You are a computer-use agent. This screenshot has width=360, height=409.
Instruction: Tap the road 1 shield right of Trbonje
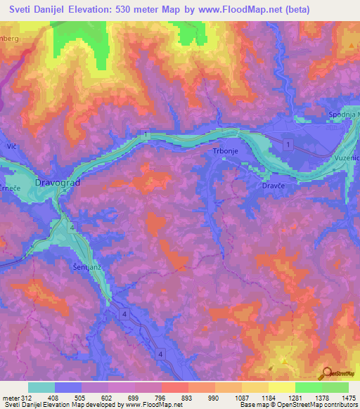(x=288, y=143)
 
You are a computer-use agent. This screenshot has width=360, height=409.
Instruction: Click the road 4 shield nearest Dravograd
(x=72, y=227)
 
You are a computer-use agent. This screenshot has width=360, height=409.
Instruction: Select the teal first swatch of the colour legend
(x=41, y=387)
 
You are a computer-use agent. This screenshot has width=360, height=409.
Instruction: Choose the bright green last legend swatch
(x=335, y=387)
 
